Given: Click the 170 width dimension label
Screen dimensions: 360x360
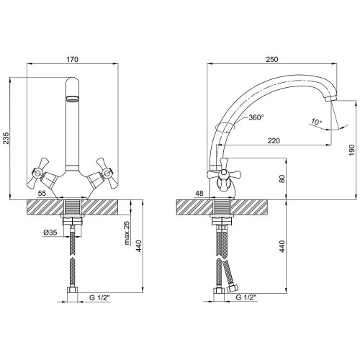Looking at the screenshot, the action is (x=73, y=59).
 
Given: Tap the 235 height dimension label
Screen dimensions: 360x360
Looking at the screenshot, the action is (x=6, y=138).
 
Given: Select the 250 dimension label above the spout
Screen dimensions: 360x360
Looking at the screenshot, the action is (x=272, y=59).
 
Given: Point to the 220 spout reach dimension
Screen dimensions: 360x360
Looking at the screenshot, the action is (x=274, y=140).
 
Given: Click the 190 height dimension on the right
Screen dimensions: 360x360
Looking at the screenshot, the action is (x=351, y=150).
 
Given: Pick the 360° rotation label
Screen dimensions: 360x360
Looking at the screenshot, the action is (x=256, y=117).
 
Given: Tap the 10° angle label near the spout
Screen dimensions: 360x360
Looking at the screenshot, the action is (x=316, y=122).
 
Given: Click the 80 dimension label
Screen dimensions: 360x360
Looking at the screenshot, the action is (x=282, y=179).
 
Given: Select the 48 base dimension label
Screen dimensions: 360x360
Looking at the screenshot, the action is (x=199, y=193).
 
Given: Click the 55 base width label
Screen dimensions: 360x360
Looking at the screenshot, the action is (x=42, y=193).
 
